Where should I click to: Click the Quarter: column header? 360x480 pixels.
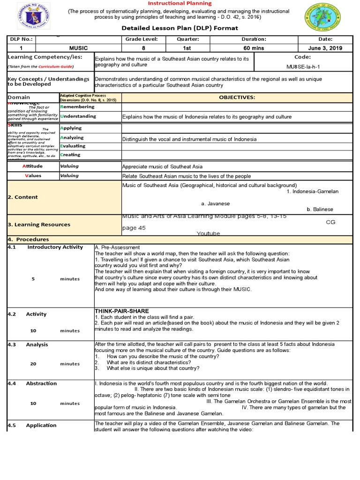pyautogui.click(x=196, y=39)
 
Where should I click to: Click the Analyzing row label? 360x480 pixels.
pyautogui.click(x=72, y=138)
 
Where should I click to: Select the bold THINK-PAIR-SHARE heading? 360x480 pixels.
pyautogui.click(x=122, y=311)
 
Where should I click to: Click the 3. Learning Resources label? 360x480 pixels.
pyautogui.click(x=39, y=225)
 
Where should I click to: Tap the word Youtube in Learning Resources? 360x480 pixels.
pyautogui.click(x=208, y=233)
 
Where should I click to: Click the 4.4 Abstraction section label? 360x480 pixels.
pyautogui.click(x=38, y=383)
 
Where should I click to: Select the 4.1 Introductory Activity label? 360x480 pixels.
pyautogui.click(x=45, y=247)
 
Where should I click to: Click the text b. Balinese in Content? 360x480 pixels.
pyautogui.click(x=320, y=210)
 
